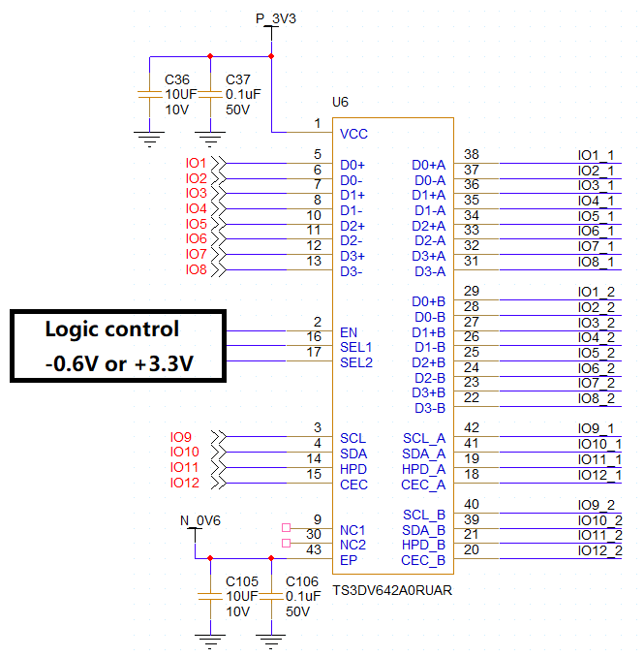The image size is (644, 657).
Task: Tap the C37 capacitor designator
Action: click(x=238, y=78)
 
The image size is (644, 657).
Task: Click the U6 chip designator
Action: click(x=340, y=102)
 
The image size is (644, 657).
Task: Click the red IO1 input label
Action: click(x=197, y=163)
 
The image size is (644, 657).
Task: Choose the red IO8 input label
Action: click(x=197, y=269)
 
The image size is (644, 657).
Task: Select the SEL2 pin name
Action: click(x=356, y=362)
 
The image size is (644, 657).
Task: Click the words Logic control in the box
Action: click(x=112, y=329)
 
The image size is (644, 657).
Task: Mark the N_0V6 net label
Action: click(x=200, y=520)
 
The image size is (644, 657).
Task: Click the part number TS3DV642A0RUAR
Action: click(x=392, y=589)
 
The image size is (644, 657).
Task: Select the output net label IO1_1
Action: click(x=596, y=155)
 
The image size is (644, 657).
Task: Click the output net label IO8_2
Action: click(x=596, y=398)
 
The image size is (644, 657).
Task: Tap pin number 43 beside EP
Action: click(x=313, y=549)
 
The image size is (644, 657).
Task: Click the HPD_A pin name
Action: click(x=424, y=469)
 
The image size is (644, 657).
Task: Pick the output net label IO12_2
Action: click(x=599, y=550)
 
